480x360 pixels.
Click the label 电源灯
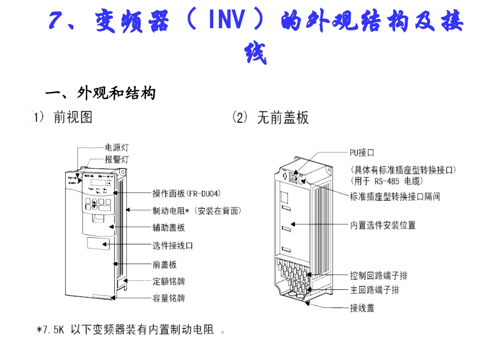pos(117,147)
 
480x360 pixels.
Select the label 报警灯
pos(117,160)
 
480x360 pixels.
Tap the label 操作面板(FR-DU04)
pos(186,193)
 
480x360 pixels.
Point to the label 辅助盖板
pos(169,228)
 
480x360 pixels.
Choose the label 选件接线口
pos(173,246)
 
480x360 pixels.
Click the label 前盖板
pos(165,265)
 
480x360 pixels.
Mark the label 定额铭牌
pos(169,281)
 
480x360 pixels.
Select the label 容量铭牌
pos(169,298)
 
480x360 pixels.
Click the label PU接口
pos(362,152)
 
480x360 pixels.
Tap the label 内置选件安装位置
pos(383,225)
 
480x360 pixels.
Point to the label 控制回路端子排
pos(379,276)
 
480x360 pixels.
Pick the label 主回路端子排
pos(375,290)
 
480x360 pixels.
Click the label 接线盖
pos(362,307)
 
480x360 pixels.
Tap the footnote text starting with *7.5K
pos(131,331)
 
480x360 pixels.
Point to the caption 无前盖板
pos(283,118)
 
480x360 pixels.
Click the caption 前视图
pos(73,118)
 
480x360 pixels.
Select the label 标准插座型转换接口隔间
pos(395,196)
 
